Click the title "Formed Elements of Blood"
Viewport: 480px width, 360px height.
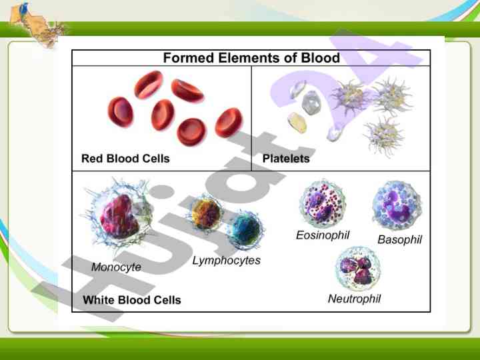251,57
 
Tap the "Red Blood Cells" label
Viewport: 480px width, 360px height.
125,159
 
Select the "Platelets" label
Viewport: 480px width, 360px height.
286,159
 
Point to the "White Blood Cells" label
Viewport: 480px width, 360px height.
132,300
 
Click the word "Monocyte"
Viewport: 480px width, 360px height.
116,267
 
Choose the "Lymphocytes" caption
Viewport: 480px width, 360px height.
227,261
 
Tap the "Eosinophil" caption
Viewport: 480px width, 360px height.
323,235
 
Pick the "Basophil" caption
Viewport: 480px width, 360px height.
400,239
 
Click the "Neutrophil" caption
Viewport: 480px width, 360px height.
354,299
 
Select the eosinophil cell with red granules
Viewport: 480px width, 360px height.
323,203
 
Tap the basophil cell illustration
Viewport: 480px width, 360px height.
397,205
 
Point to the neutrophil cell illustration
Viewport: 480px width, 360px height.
357,268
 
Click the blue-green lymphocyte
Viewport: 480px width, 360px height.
245,230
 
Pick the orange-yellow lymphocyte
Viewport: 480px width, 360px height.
206,214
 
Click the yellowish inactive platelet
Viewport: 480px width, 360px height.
297,123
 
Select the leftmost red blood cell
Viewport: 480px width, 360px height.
121,112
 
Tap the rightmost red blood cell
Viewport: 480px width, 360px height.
229,123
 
